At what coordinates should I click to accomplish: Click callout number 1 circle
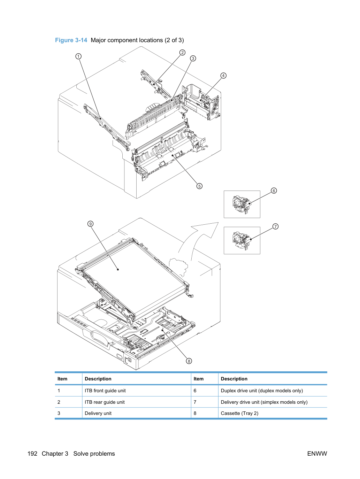[x=78, y=56]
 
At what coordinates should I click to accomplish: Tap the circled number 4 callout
[x=223, y=76]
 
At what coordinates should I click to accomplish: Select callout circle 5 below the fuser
[x=199, y=186]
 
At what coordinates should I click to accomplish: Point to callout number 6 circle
[x=274, y=191]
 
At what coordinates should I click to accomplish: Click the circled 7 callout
[x=276, y=226]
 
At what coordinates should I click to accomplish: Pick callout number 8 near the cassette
[x=189, y=361]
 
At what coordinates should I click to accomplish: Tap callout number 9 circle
[x=90, y=224]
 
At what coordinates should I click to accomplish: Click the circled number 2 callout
[x=182, y=53]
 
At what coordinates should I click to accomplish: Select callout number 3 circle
[x=193, y=59]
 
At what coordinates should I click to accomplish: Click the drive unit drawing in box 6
[x=241, y=204]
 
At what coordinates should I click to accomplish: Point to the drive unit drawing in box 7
[x=241, y=240]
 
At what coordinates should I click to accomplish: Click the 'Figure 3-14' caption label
[x=71, y=40]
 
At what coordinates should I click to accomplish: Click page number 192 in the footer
[x=32, y=454]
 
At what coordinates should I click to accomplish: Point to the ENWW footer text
[x=317, y=454]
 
